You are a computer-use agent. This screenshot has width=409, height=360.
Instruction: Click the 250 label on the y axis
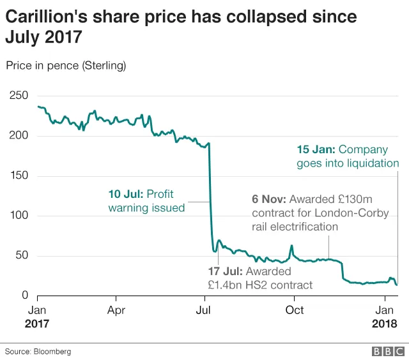click(x=19, y=95)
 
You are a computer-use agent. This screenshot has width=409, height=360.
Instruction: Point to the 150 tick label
click(x=19, y=176)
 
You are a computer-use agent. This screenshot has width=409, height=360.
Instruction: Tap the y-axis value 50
click(x=22, y=255)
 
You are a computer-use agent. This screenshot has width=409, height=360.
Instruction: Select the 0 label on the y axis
click(x=25, y=295)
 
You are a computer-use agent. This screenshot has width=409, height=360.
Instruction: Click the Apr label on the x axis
click(x=116, y=310)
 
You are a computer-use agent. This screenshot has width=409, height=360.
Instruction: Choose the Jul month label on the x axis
click(x=203, y=310)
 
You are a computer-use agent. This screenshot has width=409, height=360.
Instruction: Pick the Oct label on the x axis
click(x=295, y=310)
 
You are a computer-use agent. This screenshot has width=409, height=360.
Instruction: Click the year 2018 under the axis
click(x=385, y=324)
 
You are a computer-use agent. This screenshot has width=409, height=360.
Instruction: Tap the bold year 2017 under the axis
click(x=37, y=324)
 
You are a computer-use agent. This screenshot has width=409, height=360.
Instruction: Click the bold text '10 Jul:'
click(x=126, y=194)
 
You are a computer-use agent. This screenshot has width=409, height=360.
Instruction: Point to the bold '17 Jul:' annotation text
click(x=226, y=271)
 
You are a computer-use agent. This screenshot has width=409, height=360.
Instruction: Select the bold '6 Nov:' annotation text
click(x=269, y=199)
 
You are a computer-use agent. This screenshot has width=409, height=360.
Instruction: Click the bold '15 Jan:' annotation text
click(x=316, y=149)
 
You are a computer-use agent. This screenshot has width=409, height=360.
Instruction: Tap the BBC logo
click(x=388, y=352)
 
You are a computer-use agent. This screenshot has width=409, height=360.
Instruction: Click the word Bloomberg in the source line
click(x=52, y=352)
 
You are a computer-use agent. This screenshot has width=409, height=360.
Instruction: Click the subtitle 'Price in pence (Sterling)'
click(x=66, y=66)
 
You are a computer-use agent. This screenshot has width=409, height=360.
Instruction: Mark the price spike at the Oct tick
click(x=291, y=246)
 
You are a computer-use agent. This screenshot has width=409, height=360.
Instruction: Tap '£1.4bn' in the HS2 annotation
click(x=225, y=285)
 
